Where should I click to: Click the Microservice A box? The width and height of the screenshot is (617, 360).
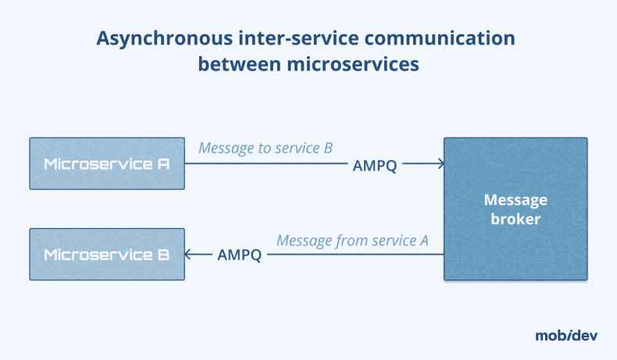coord(107,164)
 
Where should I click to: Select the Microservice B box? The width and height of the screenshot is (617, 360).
coord(107,255)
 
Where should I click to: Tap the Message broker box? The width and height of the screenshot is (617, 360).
coord(515,209)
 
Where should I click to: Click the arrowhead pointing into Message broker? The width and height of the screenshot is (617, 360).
coord(440,164)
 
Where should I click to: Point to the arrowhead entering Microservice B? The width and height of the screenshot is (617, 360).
coord(189,255)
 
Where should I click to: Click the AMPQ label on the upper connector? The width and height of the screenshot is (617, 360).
coord(375,165)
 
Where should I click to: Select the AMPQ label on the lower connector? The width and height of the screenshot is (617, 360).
coord(240,255)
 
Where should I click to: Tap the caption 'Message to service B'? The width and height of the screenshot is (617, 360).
coord(266,148)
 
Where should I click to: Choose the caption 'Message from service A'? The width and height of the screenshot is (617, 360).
coord(352,240)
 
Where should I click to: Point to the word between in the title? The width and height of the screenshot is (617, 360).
coord(232,64)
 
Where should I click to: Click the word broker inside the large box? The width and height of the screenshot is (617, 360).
coord(515,219)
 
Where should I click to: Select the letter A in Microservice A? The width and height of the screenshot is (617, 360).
coord(163,164)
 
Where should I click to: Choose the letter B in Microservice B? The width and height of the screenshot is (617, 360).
coord(163,255)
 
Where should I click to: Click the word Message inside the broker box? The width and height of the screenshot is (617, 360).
coord(515,200)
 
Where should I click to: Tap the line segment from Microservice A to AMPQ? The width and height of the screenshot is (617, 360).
coord(266,164)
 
